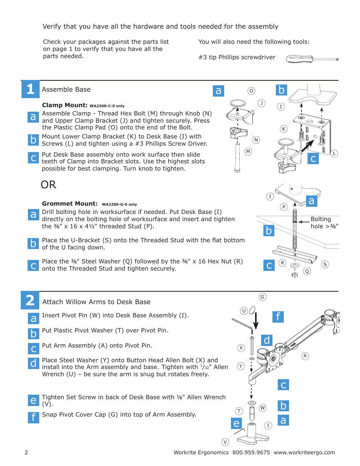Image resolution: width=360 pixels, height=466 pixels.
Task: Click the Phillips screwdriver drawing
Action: [312, 59]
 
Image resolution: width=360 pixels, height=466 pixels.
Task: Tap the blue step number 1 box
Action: [30, 89]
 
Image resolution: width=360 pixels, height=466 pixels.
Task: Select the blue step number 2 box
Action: [30, 300]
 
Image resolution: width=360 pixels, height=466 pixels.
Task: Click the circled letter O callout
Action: [251, 91]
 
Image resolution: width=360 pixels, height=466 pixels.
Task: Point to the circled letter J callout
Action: [262, 103]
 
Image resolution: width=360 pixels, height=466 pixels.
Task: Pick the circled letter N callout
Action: [256, 140]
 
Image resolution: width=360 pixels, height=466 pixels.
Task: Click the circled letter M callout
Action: [248, 152]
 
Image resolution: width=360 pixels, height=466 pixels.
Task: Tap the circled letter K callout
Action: [283, 129]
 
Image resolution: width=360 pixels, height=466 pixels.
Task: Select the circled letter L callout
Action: [334, 154]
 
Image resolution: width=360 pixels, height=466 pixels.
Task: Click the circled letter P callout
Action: [284, 207]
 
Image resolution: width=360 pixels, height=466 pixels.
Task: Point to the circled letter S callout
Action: [325, 264]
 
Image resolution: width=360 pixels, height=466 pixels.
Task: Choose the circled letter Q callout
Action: [307, 271]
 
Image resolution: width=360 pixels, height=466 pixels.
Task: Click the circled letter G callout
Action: [262, 297]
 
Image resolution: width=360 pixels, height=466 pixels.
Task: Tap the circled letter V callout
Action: [225, 442]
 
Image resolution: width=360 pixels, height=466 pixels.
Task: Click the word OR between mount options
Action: [48, 185]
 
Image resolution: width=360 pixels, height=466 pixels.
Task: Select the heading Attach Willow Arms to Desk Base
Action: [96, 302]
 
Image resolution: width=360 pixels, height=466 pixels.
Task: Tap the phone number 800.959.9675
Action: [251, 452]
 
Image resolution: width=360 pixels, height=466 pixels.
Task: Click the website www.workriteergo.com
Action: [304, 452]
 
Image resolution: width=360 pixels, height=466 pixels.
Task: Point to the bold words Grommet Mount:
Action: [70, 204]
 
